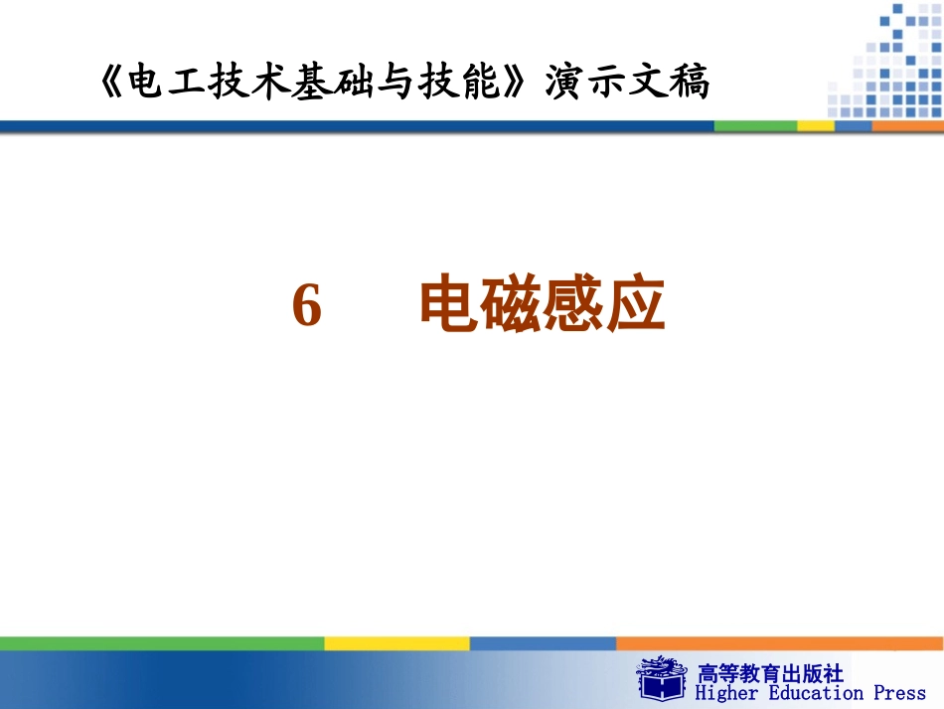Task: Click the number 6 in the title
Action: coord(307,305)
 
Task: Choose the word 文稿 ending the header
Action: coord(670,84)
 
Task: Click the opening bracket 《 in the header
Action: coord(111,84)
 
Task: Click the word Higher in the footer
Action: coord(727,693)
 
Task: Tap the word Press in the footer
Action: coord(899,693)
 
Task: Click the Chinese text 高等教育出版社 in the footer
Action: coord(771,672)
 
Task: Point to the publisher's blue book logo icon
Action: coord(663,678)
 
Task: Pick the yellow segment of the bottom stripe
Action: coord(396,643)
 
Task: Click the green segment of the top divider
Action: coord(755,126)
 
